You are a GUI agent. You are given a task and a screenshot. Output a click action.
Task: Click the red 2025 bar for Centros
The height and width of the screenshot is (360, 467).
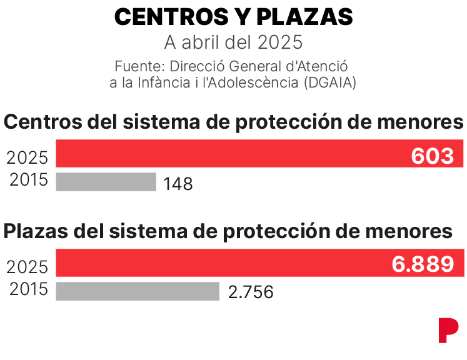coord(259,153)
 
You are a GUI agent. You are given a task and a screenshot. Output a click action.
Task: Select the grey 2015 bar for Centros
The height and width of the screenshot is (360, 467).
coord(106,182)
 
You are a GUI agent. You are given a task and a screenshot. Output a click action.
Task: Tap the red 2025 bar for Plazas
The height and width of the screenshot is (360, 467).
coord(260,262)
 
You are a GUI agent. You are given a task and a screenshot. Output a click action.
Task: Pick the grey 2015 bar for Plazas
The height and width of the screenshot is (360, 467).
coord(138,291)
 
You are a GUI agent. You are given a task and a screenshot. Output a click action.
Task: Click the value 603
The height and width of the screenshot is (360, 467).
coord(433,156)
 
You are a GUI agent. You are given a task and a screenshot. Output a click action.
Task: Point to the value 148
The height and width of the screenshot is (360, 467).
coord(178,184)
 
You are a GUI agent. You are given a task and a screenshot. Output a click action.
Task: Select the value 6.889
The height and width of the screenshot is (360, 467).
coord(423,264)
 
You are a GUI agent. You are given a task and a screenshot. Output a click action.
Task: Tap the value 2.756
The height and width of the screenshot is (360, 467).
coord(251,292)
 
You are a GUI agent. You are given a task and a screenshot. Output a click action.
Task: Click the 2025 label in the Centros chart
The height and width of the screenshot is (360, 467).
coord(27,157)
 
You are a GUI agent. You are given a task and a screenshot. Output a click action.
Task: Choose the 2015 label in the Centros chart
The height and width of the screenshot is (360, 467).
coord(29,179)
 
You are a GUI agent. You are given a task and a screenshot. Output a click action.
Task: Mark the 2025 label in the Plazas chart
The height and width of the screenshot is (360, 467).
coord(27,267)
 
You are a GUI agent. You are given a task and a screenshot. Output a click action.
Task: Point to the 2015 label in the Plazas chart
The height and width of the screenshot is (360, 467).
coord(29,289)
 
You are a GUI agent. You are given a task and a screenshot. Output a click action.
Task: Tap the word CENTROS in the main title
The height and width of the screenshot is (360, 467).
coord(171,17)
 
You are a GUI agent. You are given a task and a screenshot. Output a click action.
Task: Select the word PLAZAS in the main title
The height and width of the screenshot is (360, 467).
coord(304,17)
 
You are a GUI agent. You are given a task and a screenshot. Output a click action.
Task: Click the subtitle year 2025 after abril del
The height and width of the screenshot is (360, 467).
coord(280,42)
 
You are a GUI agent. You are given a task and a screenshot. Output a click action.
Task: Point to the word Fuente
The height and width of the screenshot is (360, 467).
coord(139,66)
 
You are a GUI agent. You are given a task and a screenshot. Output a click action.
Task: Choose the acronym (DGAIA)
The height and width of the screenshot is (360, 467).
coord(330,82)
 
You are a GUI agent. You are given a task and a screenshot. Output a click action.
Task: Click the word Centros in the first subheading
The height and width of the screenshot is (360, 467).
coord(43,121)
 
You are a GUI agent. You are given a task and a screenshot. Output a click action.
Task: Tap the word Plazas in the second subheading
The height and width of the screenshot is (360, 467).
coord(36,231)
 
